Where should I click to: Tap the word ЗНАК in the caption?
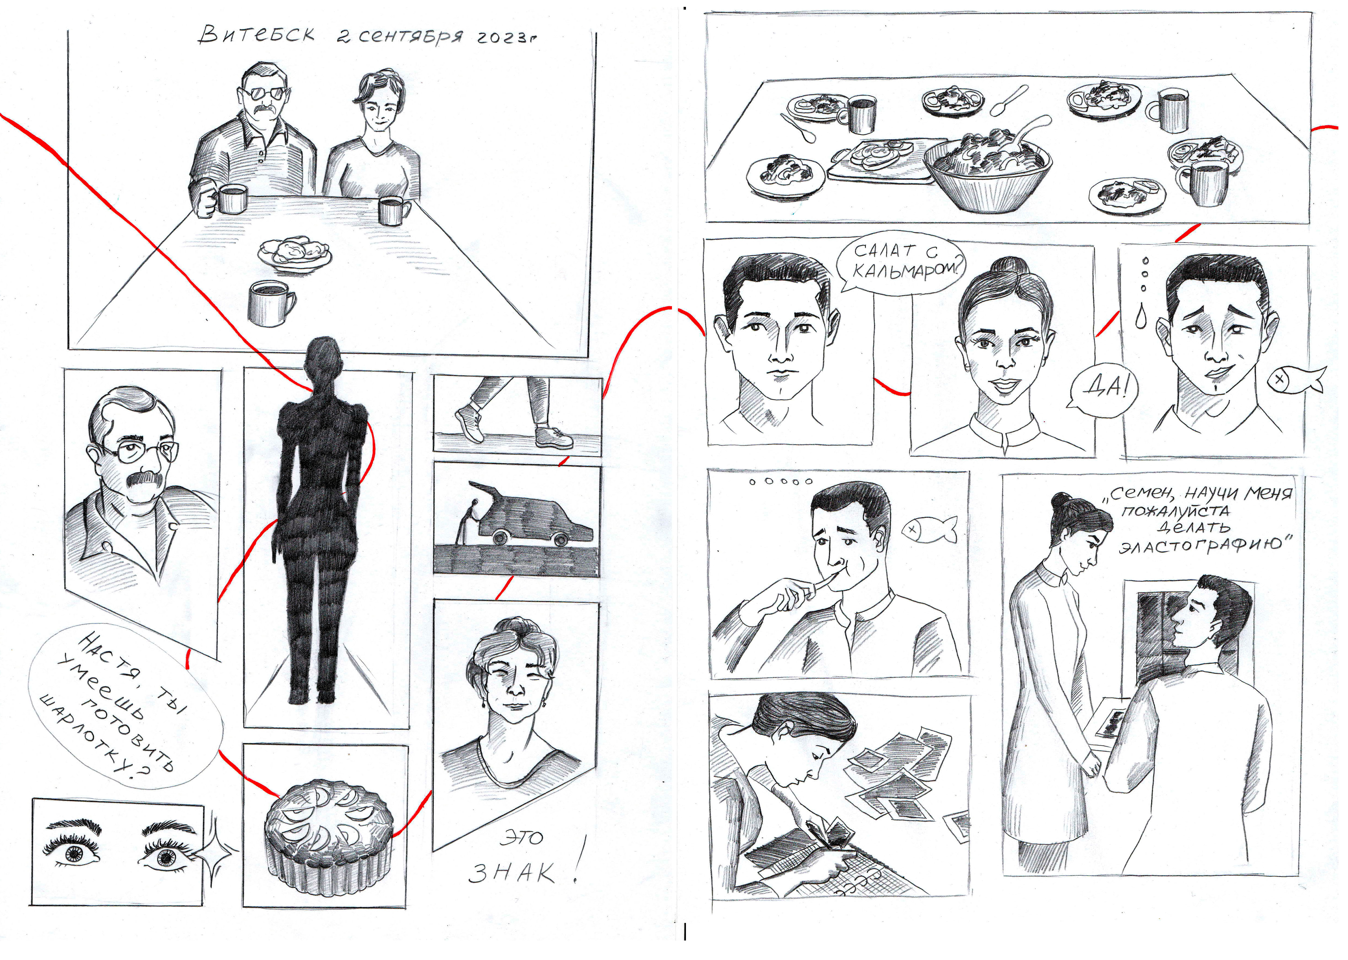point(511,873)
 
